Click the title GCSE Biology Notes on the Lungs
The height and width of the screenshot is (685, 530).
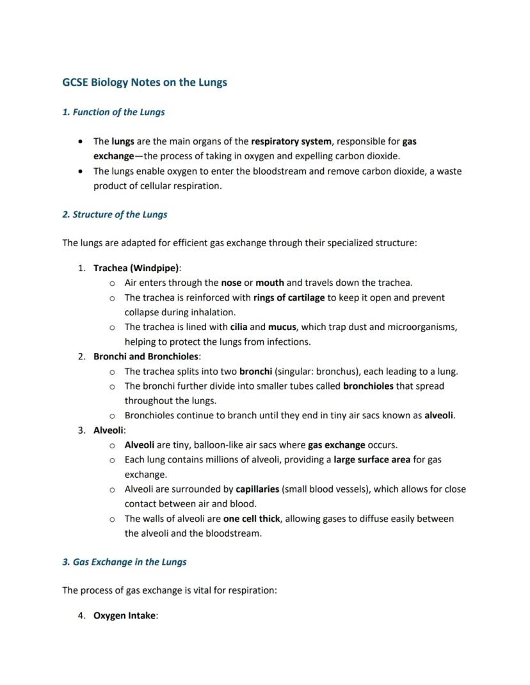[x=145, y=83]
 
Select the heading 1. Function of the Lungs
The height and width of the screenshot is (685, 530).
[x=113, y=112]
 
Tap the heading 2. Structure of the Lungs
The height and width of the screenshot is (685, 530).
[x=115, y=214]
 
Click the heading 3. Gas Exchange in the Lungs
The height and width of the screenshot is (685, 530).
[x=124, y=562]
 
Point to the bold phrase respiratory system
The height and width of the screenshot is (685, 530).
[x=291, y=141]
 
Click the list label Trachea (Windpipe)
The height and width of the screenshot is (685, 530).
[x=136, y=268]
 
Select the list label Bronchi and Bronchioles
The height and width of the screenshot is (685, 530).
[x=146, y=356]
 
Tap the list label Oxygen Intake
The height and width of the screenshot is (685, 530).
[x=125, y=616]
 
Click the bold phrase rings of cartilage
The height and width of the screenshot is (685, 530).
[x=289, y=297]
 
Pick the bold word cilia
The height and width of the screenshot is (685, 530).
[x=239, y=327]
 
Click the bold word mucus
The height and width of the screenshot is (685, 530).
[x=282, y=327]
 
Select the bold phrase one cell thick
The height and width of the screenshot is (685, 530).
[x=252, y=519]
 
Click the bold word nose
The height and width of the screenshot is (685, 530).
[x=231, y=283]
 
